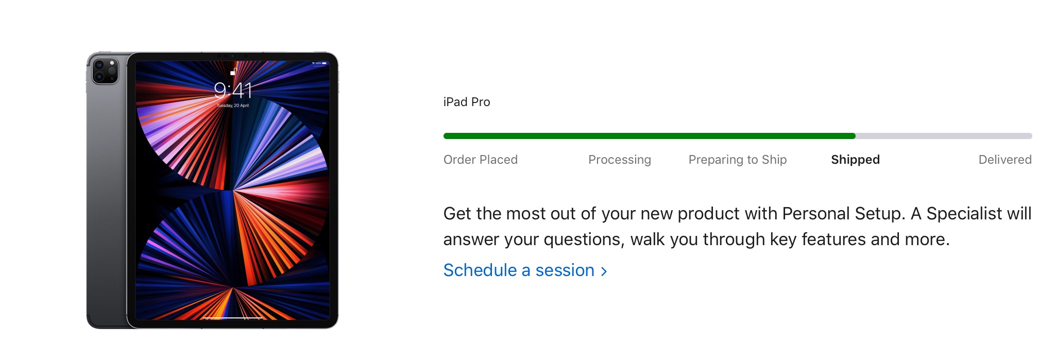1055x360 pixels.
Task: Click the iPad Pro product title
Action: pos(467,102)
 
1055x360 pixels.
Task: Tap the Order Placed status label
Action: pos(481,160)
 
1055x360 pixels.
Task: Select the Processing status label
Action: pos(620,160)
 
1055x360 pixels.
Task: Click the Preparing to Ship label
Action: pos(738,160)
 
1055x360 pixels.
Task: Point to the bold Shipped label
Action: pos(856,160)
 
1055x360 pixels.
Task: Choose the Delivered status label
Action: pos(1005,160)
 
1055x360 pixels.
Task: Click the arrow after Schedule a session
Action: pos(604,271)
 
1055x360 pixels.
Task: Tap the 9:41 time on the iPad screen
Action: pos(233,91)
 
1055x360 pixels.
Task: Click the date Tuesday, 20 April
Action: pos(233,106)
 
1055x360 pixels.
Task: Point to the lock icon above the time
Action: pos(233,72)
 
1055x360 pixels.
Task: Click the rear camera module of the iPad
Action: pos(105,70)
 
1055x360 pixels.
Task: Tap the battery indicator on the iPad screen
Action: pos(324,63)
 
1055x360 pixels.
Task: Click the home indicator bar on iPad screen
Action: pos(233,318)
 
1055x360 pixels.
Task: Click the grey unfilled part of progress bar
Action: pos(944,136)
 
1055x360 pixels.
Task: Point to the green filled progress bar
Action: pos(650,136)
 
